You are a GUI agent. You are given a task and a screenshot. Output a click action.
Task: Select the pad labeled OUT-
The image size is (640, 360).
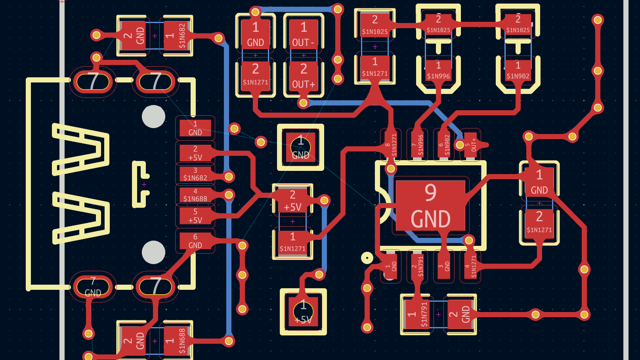(x=304, y=34)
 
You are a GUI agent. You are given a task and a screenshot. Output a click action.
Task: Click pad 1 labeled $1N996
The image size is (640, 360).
(x=438, y=71)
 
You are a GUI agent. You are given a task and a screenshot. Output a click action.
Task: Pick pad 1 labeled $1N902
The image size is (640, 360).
(x=518, y=71)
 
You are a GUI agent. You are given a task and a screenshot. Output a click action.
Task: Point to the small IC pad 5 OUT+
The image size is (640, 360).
(x=471, y=145)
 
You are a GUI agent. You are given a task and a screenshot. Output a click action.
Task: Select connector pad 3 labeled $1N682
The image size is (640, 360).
(x=195, y=174)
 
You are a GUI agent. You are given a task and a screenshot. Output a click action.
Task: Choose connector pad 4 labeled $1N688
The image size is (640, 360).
(x=195, y=195)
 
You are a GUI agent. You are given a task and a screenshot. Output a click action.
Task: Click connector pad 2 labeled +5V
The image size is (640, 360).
(x=195, y=153)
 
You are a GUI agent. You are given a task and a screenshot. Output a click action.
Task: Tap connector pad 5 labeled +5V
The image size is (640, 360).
(x=195, y=216)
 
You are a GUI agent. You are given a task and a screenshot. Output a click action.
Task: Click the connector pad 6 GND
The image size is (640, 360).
(x=195, y=241)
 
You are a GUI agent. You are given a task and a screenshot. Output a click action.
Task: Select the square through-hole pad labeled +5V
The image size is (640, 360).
(x=303, y=312)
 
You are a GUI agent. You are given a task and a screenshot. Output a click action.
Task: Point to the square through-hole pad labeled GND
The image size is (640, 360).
(x=300, y=147)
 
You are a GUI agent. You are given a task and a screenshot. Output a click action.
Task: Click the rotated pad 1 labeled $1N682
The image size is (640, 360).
(x=176, y=36)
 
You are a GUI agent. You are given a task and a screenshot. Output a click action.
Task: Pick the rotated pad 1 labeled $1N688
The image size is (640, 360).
(x=176, y=341)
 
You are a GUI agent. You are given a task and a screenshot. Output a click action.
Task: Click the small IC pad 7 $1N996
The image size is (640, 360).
(x=417, y=145)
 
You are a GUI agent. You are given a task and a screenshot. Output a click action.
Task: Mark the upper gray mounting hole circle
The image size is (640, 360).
(x=153, y=117)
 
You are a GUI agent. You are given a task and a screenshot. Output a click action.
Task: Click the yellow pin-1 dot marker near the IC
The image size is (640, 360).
(x=367, y=258)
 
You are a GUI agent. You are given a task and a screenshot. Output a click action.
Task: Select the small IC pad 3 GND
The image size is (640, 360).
(x=444, y=266)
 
